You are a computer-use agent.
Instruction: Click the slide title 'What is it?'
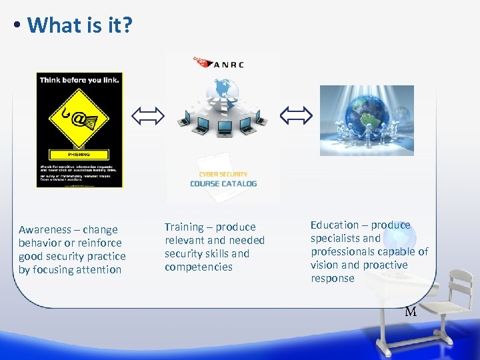(80, 25)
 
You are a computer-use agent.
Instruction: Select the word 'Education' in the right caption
(334, 225)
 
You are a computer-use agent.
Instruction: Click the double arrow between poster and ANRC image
(147, 117)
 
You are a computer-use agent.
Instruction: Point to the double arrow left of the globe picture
(295, 116)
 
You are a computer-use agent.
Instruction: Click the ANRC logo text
(229, 65)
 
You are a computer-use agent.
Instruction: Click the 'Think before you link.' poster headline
(79, 80)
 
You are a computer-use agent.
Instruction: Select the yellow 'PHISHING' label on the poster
(78, 153)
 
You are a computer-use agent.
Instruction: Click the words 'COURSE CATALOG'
(223, 183)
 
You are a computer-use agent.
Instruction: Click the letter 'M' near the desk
(411, 311)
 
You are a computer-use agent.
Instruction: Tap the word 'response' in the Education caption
(333, 279)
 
